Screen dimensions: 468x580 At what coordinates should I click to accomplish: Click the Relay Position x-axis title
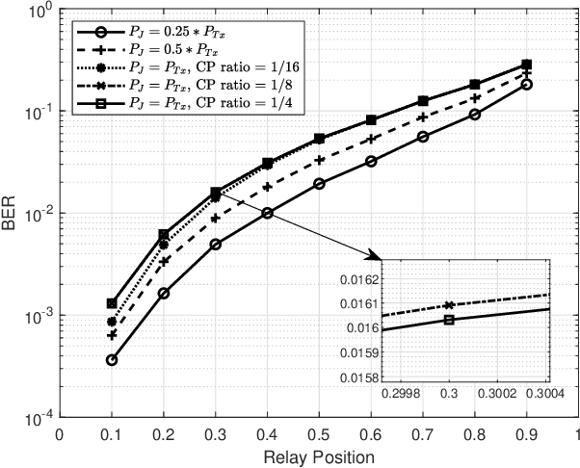point(319,455)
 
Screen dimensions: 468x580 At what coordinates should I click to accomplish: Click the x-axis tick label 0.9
point(526,433)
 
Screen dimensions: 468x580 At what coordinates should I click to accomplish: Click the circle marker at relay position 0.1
point(112,360)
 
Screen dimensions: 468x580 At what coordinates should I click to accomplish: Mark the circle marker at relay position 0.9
point(526,85)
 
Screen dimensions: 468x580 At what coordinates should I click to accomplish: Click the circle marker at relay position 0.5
point(319,184)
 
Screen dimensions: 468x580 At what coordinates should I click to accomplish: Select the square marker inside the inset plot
point(448,320)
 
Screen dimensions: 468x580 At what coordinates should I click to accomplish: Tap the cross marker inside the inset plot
point(448,304)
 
